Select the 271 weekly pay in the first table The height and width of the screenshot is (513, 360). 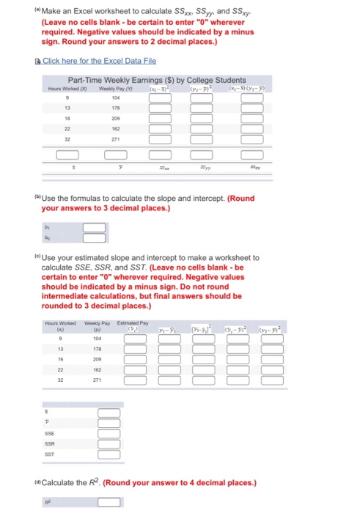pyautogui.click(x=115, y=139)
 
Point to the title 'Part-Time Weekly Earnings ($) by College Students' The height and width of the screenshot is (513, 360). pyautogui.click(x=157, y=79)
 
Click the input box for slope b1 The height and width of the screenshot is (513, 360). pyautogui.click(x=94, y=227)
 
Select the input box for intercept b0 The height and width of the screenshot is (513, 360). pyautogui.click(x=94, y=237)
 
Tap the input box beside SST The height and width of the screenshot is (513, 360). pyautogui.click(x=109, y=456)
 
